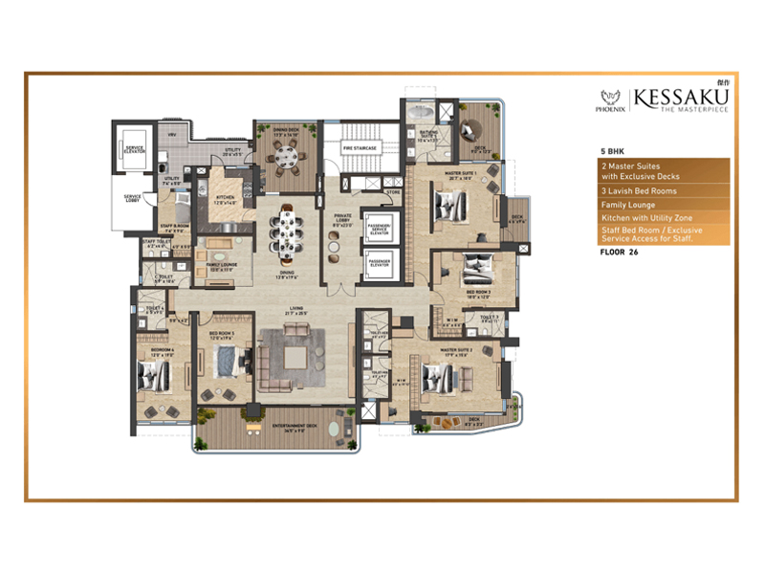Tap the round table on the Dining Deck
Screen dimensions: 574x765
click(280, 160)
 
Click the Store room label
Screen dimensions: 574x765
click(393, 192)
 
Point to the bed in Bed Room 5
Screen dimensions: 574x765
click(227, 363)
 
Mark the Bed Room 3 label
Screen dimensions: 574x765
click(478, 292)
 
